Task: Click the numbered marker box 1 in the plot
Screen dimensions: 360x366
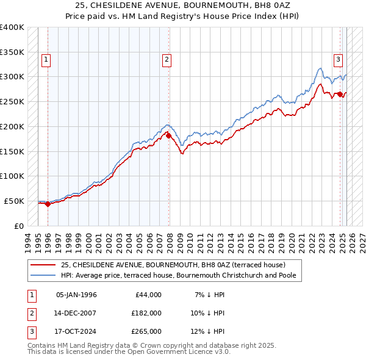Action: pos(46,59)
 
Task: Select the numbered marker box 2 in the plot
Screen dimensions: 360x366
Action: pos(167,59)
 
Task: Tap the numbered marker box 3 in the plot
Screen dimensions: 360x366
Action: pos(338,59)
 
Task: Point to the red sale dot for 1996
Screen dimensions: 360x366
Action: pos(48,204)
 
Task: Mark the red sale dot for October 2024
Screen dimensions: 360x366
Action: pos(340,94)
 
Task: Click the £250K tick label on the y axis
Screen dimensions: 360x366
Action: pos(12,101)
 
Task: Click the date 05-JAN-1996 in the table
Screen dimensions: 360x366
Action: pos(76,295)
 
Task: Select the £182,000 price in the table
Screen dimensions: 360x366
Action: pos(146,313)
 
